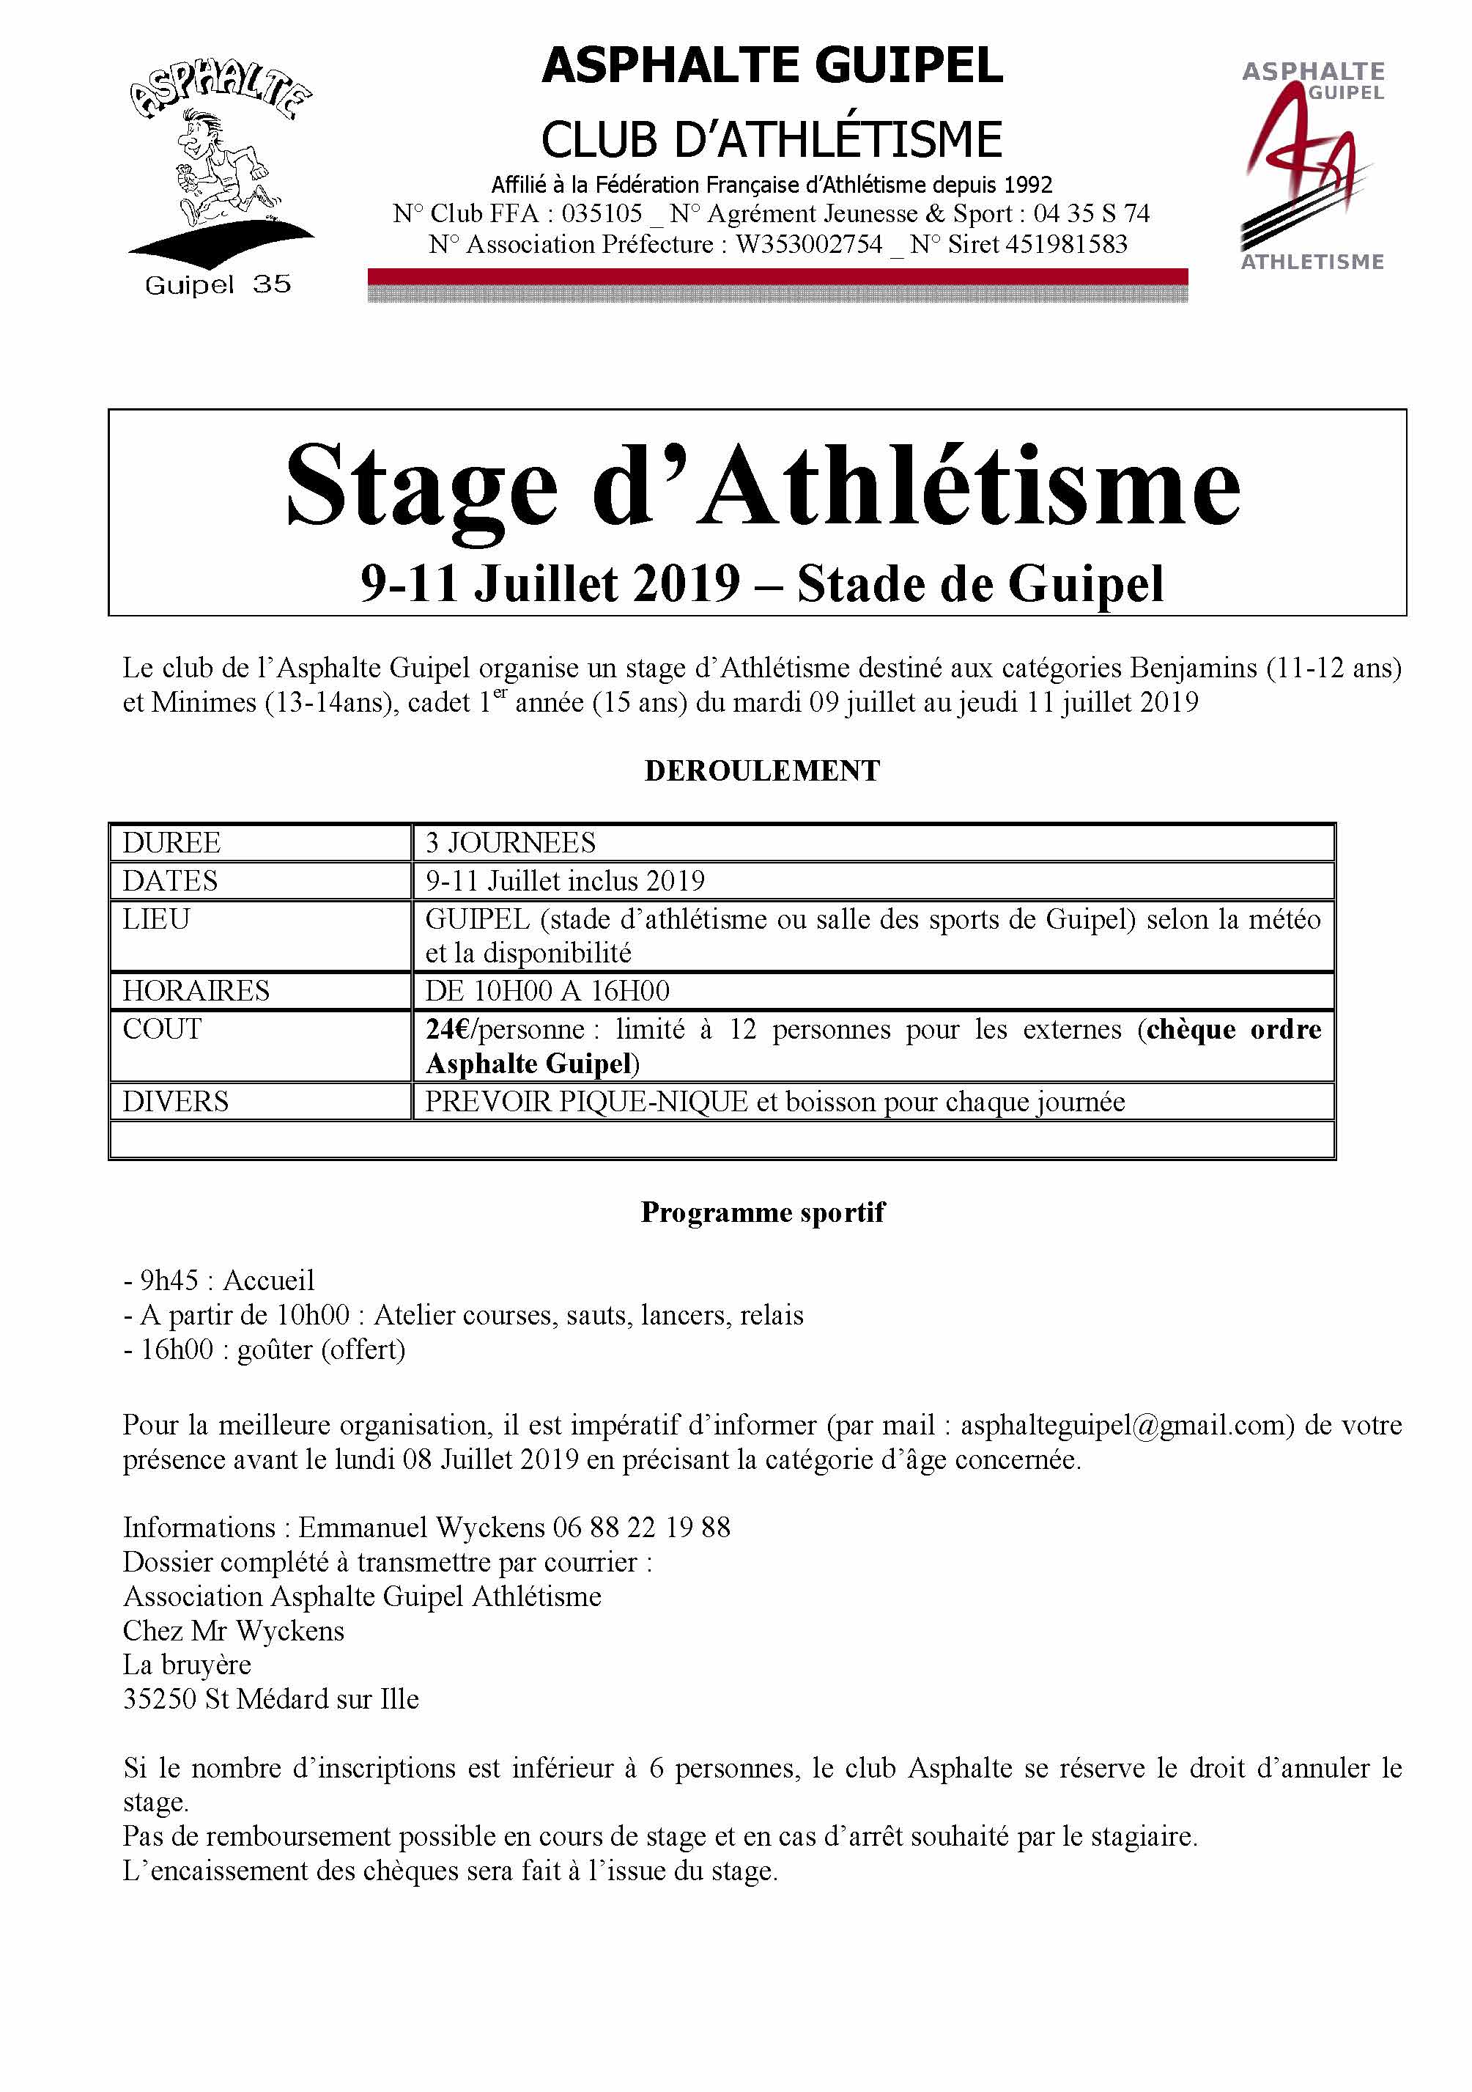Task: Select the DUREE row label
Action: [171, 843]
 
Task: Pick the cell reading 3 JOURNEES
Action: [510, 843]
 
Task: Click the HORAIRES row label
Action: [196, 990]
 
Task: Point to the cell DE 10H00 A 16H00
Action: [547, 990]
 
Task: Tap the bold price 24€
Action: [450, 1030]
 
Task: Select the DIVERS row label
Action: [175, 1102]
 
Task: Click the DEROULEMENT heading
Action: [761, 771]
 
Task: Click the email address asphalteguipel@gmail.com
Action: [1127, 1425]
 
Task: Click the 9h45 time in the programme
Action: [169, 1280]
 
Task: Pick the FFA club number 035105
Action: [602, 214]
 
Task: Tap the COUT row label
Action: [161, 1030]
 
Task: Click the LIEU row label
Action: [156, 919]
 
